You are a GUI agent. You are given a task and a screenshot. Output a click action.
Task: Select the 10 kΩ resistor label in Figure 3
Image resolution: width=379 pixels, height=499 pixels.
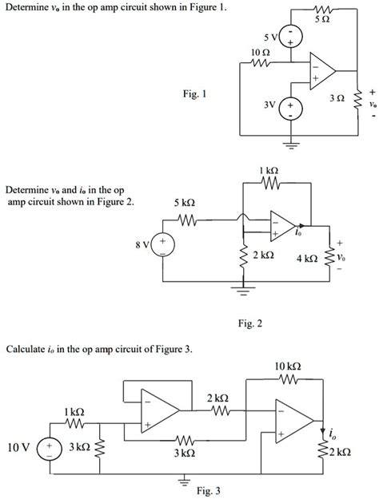coord(288,366)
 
